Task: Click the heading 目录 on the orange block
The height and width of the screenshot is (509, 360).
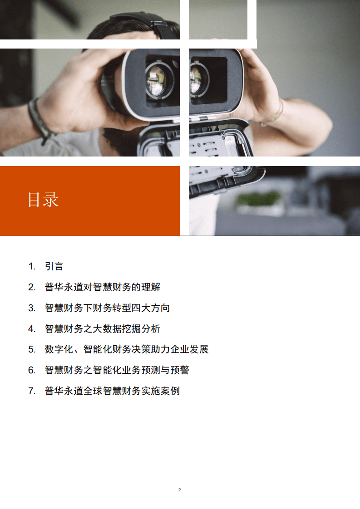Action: (x=43, y=200)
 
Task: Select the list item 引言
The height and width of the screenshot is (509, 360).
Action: (x=54, y=266)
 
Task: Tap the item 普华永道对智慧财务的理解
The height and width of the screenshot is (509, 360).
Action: (x=102, y=287)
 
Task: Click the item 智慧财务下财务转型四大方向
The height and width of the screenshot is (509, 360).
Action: (x=107, y=308)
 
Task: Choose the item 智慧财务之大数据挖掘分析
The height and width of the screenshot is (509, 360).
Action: (x=102, y=329)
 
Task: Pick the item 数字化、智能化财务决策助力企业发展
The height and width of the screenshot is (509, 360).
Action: (x=126, y=349)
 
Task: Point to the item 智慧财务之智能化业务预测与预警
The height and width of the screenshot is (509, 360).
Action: (x=117, y=370)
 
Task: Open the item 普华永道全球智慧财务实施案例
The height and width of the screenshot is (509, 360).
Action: (x=112, y=391)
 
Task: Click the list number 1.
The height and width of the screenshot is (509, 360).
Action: (x=31, y=266)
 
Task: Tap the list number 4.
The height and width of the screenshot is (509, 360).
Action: (x=31, y=329)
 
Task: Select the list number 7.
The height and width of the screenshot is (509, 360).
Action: (x=31, y=391)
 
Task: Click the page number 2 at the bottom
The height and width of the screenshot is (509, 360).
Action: (x=180, y=490)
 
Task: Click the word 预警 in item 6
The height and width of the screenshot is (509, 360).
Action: (x=179, y=370)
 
